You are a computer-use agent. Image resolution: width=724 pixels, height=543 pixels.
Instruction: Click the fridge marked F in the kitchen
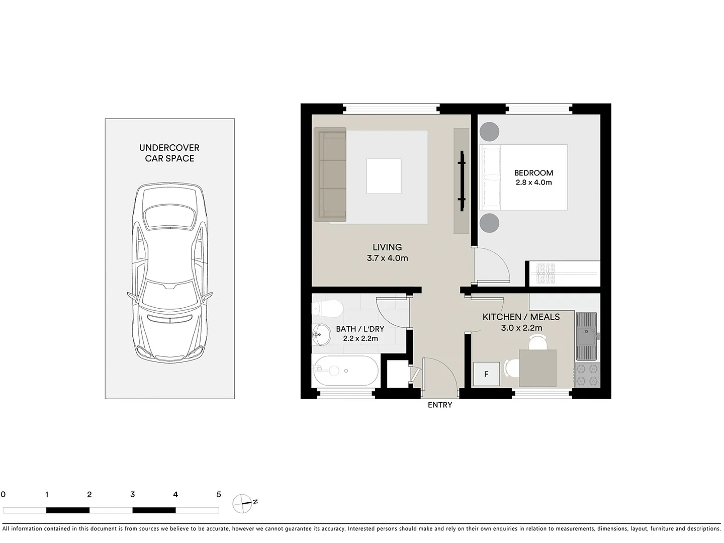(x=486, y=374)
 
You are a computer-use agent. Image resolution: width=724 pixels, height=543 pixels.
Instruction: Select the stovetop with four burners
(x=587, y=375)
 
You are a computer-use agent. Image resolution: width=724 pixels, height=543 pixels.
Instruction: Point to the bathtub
(x=345, y=371)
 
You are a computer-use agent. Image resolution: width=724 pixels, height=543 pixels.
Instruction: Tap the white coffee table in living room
(x=384, y=176)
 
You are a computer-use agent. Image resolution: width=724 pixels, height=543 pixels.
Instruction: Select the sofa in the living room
(x=330, y=174)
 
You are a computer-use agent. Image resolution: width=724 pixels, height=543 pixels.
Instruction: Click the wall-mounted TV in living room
(x=462, y=180)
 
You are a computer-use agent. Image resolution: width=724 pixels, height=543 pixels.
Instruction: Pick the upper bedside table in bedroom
(x=489, y=132)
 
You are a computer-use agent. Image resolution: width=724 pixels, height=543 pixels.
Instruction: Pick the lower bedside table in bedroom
(x=489, y=223)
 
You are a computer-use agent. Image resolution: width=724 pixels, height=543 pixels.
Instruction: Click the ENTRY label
(x=440, y=405)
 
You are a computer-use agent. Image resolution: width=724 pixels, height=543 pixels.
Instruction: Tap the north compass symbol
(x=242, y=503)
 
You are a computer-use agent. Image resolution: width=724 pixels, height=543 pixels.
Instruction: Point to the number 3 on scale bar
(x=132, y=495)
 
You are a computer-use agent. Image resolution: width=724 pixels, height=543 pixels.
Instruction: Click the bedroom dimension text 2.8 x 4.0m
(x=533, y=183)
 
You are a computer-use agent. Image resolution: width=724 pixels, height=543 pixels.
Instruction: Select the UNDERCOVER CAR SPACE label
(x=169, y=153)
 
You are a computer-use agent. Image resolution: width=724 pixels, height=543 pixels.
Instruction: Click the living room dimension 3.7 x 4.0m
(x=387, y=258)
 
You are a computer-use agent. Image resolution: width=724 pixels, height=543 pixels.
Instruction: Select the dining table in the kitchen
(x=537, y=368)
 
